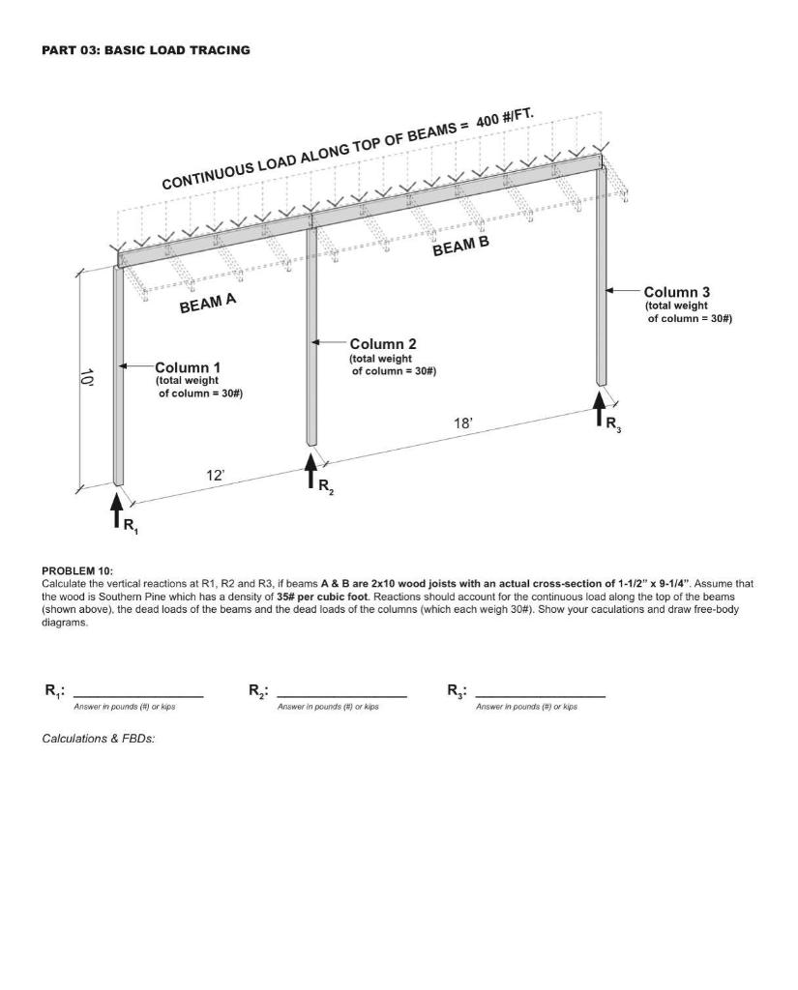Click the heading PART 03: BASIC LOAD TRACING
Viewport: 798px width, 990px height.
pyautogui.click(x=145, y=50)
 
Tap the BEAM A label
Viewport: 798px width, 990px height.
pyautogui.click(x=207, y=304)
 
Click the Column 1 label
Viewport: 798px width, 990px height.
pyautogui.click(x=188, y=367)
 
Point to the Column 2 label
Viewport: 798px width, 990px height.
pyautogui.click(x=382, y=344)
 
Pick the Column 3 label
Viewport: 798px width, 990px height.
pyautogui.click(x=676, y=292)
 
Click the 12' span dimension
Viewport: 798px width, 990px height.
pyautogui.click(x=215, y=475)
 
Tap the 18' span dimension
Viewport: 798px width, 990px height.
pyautogui.click(x=463, y=423)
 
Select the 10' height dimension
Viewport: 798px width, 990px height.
pyautogui.click(x=86, y=377)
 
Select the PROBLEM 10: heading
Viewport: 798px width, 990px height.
pyautogui.click(x=77, y=571)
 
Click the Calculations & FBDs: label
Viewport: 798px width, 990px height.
pyautogui.click(x=99, y=739)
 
